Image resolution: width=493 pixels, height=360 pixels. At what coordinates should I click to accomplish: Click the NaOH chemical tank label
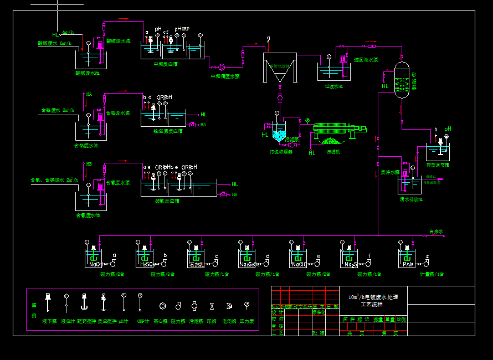coord(95,265)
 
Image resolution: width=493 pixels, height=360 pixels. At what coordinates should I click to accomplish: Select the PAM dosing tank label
coord(408,265)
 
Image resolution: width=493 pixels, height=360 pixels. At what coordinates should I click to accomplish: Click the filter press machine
coord(335,131)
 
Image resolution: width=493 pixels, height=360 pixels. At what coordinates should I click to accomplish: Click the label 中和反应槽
coord(166,64)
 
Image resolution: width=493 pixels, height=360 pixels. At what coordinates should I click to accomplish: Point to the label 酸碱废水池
coord(88,73)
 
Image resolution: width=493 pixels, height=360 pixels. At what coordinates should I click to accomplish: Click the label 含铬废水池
coord(86,146)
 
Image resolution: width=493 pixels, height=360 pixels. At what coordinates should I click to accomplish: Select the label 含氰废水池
coord(88,215)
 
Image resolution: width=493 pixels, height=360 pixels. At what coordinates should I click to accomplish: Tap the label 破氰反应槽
coord(167,202)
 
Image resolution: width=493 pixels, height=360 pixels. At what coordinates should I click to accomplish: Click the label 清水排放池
coord(410,199)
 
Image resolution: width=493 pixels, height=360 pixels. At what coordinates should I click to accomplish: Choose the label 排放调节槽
coord(437,165)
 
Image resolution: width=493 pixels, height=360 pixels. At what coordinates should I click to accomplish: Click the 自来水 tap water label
coord(436,232)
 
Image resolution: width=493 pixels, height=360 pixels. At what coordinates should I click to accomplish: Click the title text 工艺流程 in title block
coord(372,305)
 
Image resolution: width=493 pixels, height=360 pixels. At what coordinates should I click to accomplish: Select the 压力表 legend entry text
coord(247,321)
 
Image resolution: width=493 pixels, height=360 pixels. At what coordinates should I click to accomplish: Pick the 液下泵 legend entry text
coord(49,321)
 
